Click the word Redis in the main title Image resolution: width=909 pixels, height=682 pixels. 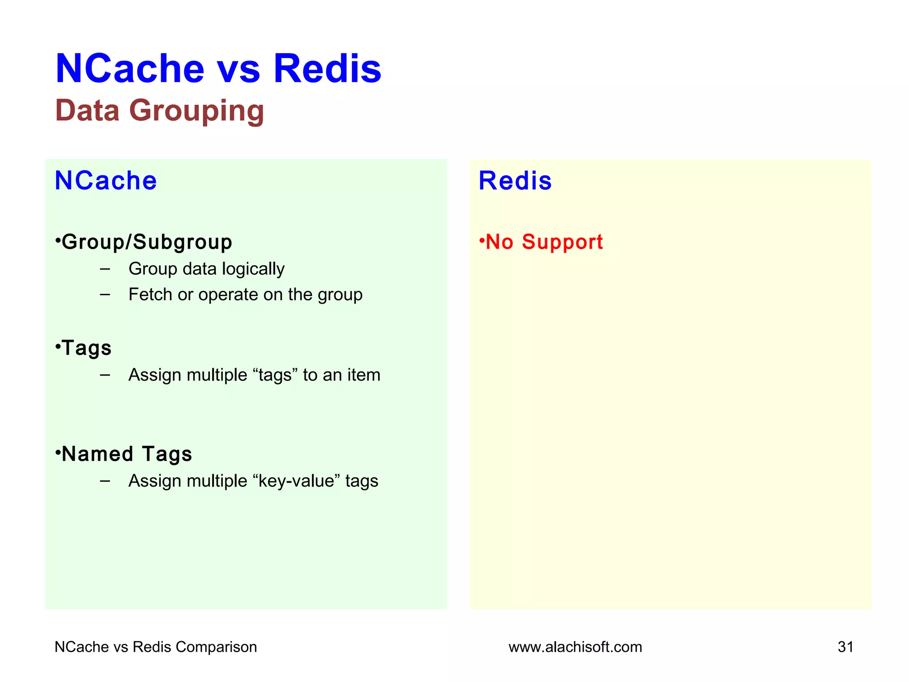pos(327,69)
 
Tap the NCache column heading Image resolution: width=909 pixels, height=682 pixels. pos(106,181)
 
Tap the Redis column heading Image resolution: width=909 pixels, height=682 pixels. pos(515,181)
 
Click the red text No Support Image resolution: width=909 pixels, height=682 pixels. pos(544,242)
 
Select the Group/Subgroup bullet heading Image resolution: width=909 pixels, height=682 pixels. pos(146,242)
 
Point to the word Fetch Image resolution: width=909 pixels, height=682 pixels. pos(150,294)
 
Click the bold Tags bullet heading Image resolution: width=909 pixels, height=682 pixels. pos(87,348)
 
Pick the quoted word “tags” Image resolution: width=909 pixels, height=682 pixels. pos(275,375)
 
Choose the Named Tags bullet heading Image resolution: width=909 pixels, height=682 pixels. pos(126,454)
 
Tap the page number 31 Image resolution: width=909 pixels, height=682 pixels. pos(845,647)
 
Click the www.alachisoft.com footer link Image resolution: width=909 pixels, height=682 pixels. pos(575,647)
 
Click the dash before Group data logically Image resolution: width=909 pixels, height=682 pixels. pos(105,269)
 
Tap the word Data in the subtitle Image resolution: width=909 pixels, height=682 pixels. pos(87,111)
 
